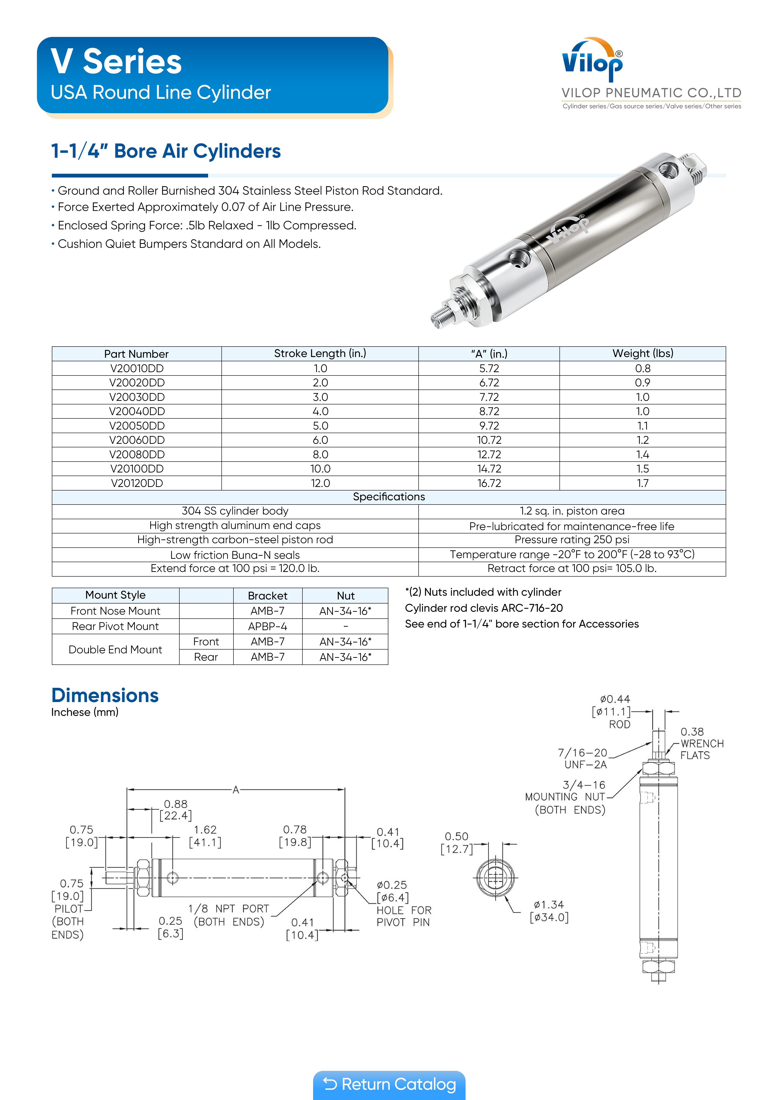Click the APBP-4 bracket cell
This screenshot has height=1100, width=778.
pyautogui.click(x=267, y=626)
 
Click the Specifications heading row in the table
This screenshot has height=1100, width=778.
pyautogui.click(x=389, y=497)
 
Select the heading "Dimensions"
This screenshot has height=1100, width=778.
pyautogui.click(x=105, y=695)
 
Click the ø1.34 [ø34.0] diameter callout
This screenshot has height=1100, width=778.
pyautogui.click(x=549, y=911)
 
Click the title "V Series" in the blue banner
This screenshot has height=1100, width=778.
pyautogui.click(x=116, y=62)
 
